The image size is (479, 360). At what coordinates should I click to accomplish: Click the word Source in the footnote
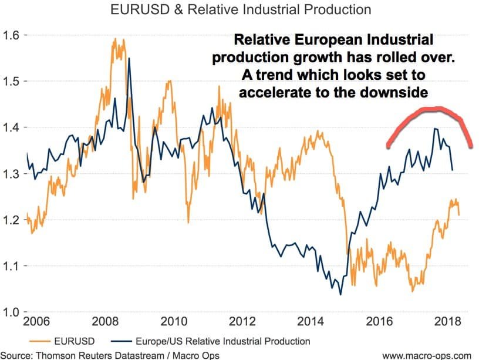click(17, 355)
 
